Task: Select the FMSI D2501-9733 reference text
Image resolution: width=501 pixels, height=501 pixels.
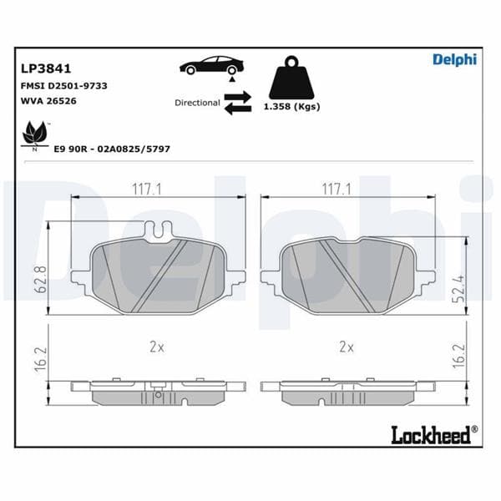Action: (63, 86)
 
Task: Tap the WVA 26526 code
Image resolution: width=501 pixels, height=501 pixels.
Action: (47, 100)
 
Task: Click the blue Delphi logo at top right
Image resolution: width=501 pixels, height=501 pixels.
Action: (454, 59)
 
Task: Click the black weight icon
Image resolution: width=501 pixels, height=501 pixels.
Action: (291, 78)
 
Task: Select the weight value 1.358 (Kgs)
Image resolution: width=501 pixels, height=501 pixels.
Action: (291, 107)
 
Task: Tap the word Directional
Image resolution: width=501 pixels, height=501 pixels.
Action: (197, 103)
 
